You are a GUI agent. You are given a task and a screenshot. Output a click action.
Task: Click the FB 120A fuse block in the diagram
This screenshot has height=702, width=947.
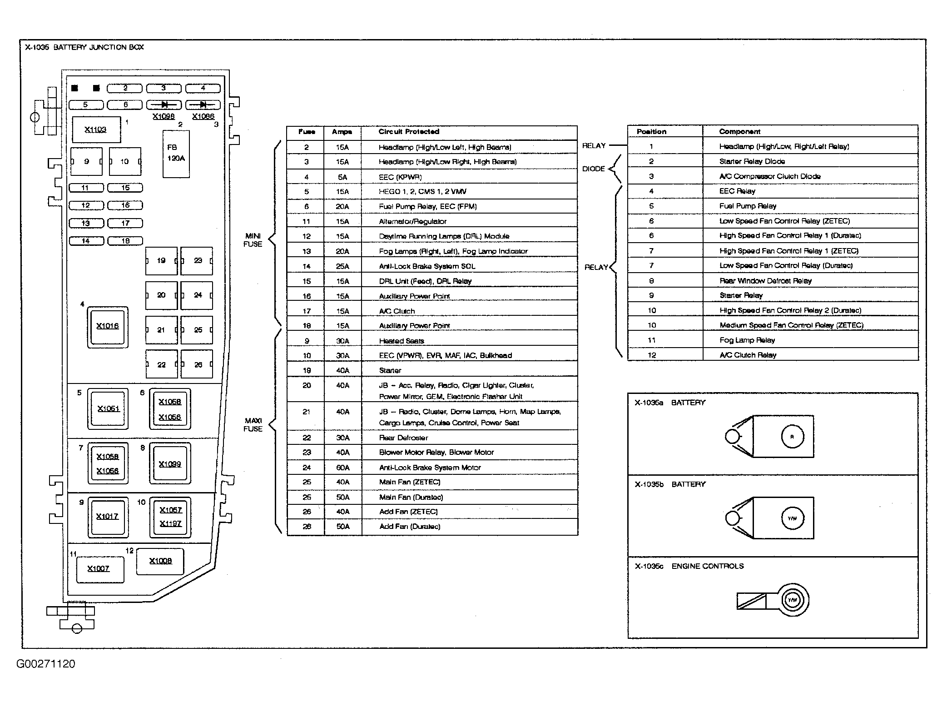click(x=176, y=154)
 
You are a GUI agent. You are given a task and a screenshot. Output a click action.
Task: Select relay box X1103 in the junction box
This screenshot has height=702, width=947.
click(x=96, y=130)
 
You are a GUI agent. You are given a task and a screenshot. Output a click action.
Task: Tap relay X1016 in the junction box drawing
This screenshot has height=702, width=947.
click(x=108, y=327)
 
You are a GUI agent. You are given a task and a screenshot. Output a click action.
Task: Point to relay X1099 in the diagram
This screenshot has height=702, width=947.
click(x=170, y=464)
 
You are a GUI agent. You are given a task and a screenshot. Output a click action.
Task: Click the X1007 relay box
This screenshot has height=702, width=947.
click(x=99, y=569)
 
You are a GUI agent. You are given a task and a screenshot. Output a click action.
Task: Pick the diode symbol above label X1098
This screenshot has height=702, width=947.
click(x=164, y=105)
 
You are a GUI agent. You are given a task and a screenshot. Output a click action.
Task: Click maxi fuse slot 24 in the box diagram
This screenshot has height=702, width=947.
click(x=197, y=295)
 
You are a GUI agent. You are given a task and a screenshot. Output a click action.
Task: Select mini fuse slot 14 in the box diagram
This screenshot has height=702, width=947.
click(x=86, y=241)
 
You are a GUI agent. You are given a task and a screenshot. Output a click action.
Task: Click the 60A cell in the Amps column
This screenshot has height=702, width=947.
click(x=342, y=468)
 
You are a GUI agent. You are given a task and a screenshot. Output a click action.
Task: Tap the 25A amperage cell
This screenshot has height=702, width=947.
click(x=342, y=266)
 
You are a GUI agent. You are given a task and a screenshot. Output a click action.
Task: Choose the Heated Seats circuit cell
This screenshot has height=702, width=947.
click(x=402, y=341)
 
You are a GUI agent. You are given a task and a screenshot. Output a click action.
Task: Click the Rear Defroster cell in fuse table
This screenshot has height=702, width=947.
click(x=403, y=438)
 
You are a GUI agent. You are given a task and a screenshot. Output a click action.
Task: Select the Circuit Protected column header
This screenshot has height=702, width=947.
click(x=409, y=132)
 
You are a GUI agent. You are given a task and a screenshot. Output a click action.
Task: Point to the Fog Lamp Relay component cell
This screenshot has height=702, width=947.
click(x=747, y=340)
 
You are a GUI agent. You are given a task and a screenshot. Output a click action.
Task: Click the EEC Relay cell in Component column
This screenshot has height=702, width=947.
click(x=737, y=191)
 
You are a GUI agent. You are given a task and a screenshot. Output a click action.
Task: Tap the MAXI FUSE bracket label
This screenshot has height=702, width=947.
click(x=253, y=425)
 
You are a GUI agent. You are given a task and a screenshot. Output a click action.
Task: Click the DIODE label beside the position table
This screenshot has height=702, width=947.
click(x=594, y=169)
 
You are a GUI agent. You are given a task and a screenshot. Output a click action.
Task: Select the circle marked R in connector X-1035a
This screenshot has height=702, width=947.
click(x=792, y=437)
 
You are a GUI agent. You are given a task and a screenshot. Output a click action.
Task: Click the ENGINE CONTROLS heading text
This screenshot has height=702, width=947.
click(x=707, y=566)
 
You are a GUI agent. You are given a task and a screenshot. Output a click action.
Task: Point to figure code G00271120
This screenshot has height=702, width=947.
click(x=46, y=664)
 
